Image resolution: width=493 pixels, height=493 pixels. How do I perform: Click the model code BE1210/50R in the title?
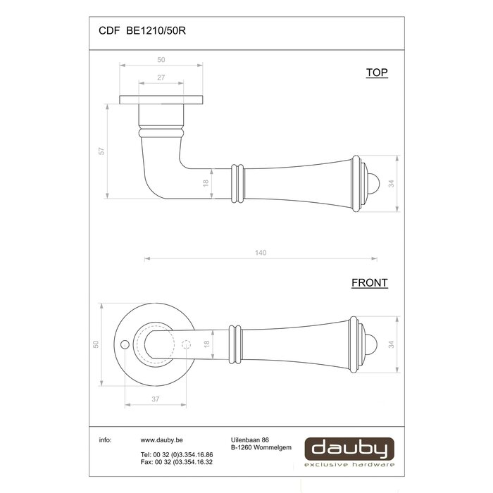156,30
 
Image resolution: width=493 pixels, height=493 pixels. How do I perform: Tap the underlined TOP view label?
377,73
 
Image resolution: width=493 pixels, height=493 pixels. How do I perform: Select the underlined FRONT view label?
370,283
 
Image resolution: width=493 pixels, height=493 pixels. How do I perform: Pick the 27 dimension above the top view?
161,78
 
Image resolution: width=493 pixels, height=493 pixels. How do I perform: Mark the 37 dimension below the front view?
154,399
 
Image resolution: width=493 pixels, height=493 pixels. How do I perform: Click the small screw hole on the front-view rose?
125,345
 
